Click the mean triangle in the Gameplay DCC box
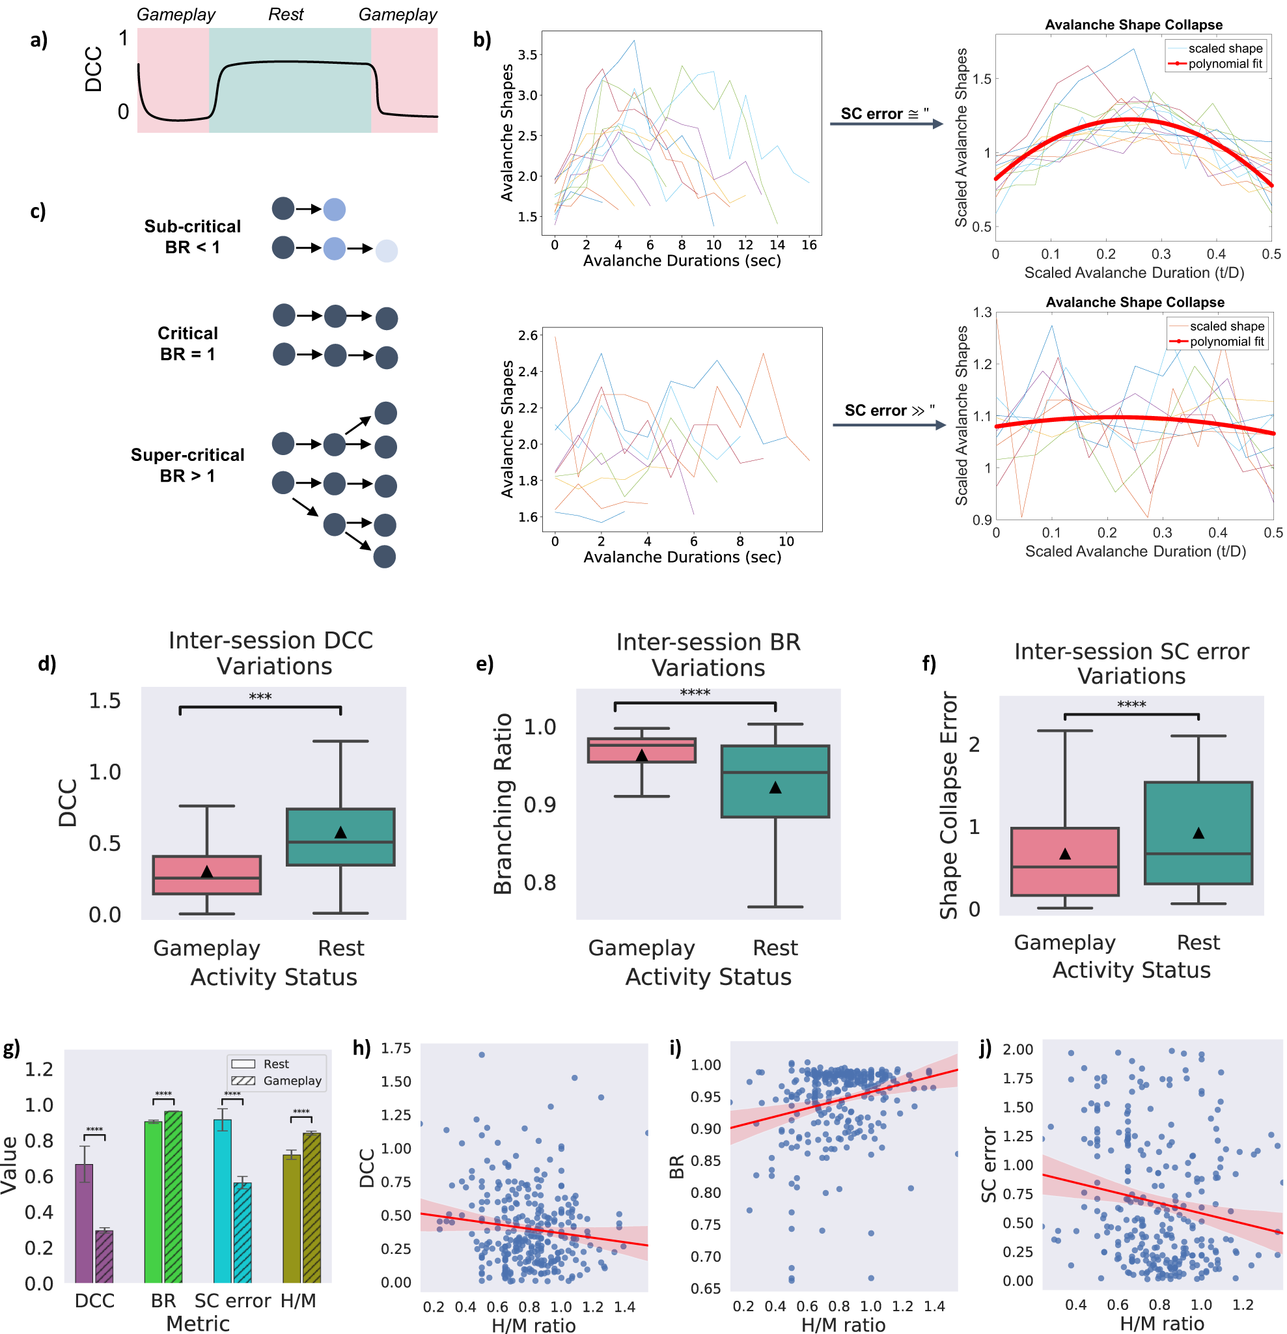207,872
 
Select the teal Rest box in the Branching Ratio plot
775,781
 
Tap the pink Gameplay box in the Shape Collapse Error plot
1064,861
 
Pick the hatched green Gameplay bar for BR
173,1197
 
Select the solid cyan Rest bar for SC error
222,1201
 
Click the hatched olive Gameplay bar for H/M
312,1208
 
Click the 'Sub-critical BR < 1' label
193,236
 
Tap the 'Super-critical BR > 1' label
187,465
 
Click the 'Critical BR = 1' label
188,343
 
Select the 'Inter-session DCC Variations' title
271,653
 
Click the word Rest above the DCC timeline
286,14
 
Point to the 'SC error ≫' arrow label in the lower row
887,410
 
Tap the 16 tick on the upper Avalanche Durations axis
809,245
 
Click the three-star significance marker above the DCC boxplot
260,696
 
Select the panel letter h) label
361,1048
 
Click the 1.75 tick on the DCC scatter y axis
395,1048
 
